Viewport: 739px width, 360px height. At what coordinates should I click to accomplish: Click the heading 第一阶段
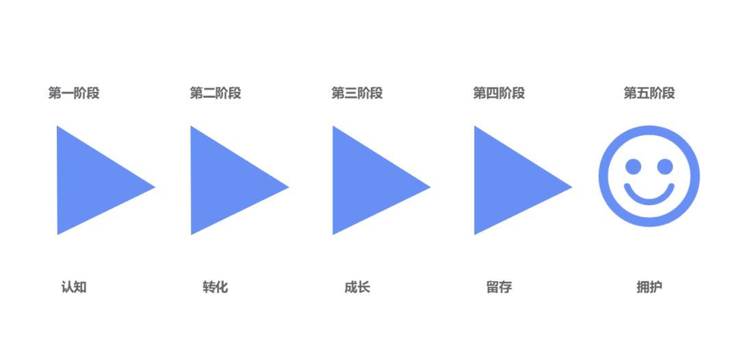[x=74, y=93]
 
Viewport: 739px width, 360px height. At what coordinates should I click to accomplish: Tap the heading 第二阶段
[x=216, y=93]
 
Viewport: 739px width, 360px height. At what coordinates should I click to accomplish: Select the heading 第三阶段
[x=357, y=93]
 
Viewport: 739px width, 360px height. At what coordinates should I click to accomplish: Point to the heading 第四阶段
[x=499, y=93]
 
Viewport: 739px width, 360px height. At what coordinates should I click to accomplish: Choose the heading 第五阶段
[x=649, y=93]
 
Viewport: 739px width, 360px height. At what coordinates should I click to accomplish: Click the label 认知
[x=74, y=287]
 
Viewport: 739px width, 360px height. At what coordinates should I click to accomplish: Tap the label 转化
[x=216, y=287]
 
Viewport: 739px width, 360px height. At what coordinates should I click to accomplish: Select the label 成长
[x=357, y=287]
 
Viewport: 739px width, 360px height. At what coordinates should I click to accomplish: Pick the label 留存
[x=499, y=287]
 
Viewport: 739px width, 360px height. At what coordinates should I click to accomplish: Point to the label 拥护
[x=649, y=287]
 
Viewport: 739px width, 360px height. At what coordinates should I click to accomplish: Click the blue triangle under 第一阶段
[x=89, y=181]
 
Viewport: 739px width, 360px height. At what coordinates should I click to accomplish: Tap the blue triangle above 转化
[x=223, y=181]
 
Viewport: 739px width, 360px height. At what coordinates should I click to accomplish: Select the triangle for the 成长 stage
[x=365, y=181]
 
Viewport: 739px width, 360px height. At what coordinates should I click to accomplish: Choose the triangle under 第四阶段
[x=506, y=181]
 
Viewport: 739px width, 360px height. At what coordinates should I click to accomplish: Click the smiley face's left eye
[x=634, y=166]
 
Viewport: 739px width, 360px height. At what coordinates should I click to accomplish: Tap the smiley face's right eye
[x=664, y=166]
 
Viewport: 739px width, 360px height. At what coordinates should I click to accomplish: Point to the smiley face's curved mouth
[x=649, y=197]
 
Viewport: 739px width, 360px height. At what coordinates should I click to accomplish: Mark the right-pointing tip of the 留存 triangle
[x=569, y=186]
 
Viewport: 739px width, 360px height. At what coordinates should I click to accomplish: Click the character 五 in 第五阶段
[x=643, y=93]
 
